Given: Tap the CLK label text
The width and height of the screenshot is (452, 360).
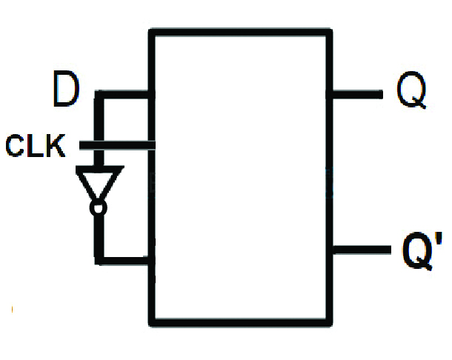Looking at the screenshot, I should [x=36, y=146].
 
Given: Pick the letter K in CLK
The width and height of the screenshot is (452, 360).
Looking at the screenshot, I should [x=56, y=146].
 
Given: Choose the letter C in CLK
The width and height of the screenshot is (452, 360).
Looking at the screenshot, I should [x=16, y=146].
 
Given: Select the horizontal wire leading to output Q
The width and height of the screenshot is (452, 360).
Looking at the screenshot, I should [x=356, y=96].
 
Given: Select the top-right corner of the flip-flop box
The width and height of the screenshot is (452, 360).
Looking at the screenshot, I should [x=329, y=31].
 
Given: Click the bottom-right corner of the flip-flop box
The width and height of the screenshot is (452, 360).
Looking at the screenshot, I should [x=329, y=321].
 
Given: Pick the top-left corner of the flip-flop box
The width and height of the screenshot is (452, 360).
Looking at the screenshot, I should [x=153, y=31].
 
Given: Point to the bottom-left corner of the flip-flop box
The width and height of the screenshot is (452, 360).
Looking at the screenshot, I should [x=153, y=321].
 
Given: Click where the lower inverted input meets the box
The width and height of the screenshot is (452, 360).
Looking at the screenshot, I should [x=152, y=260].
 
